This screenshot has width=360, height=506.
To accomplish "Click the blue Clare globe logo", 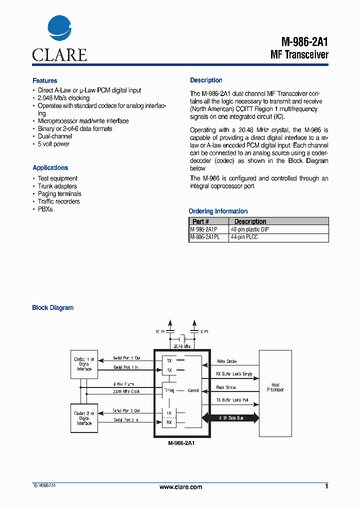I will coord(59,28).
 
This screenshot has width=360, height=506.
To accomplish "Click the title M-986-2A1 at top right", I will coord(304,42).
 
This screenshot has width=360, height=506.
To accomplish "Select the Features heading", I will coord(44,80).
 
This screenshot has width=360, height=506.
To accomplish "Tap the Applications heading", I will coord(50,168).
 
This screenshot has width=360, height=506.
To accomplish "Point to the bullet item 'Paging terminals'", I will coord(59,194).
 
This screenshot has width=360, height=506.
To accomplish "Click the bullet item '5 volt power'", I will coord(53,144).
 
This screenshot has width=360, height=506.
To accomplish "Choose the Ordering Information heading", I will coord(218,211).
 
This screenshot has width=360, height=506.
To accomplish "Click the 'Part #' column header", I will coord(201,221).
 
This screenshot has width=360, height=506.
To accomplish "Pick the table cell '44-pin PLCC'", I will coord(244,237).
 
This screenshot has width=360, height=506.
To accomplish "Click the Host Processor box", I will coord(275,387).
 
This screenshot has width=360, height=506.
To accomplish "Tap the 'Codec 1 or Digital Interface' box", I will coord(84,364).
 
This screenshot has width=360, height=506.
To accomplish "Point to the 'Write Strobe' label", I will coord(226,361).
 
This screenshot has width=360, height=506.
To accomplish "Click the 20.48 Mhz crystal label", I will coord(181,345).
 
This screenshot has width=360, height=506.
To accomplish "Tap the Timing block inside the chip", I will coord(169,390).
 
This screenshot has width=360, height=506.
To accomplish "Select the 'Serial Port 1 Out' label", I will coord(126,358).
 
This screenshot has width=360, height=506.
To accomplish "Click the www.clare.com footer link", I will coord(180,487).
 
